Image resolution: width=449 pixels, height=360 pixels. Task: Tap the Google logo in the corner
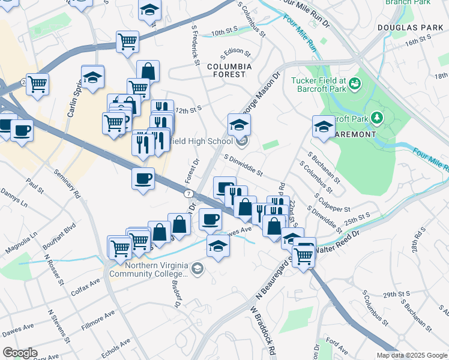tap(20, 353)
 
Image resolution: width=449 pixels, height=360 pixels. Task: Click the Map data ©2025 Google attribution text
tap(411, 355)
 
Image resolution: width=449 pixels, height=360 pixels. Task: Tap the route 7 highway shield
tap(188, 193)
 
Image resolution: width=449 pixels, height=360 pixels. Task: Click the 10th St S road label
tap(224, 30)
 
